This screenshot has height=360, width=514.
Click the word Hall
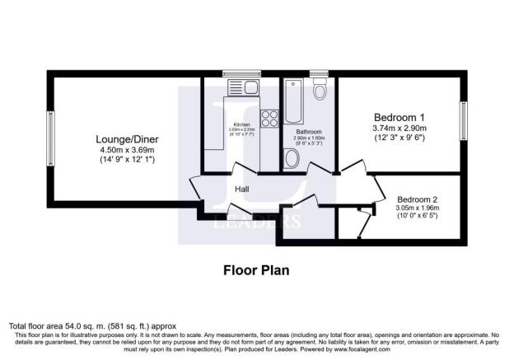pos(242,190)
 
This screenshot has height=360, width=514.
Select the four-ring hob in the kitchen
pos(269,118)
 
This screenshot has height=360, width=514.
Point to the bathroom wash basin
pos(292,158)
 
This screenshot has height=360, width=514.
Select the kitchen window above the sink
pos(242,74)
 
